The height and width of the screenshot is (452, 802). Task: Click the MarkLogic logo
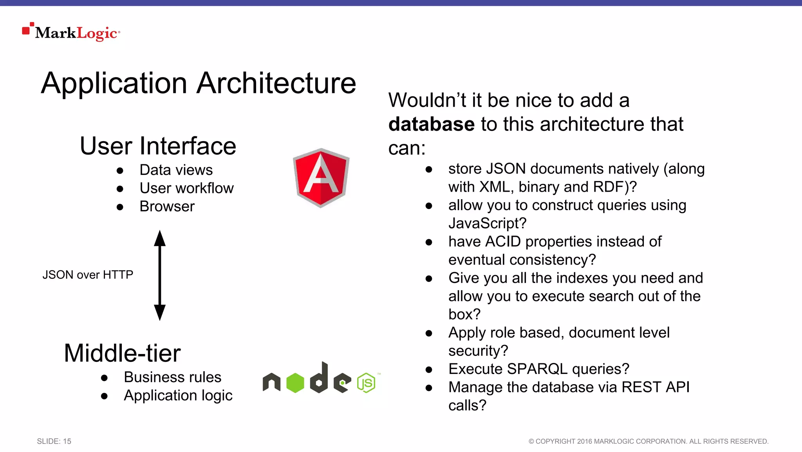click(71, 32)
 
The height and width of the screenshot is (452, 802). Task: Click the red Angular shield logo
click(321, 178)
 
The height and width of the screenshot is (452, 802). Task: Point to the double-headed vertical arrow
click(160, 275)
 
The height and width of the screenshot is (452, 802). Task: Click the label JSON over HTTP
click(88, 275)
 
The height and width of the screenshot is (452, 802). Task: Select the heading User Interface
click(158, 146)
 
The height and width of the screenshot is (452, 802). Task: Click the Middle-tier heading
click(122, 353)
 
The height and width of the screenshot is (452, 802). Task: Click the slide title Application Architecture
click(199, 83)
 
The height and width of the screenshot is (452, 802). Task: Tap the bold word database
click(432, 124)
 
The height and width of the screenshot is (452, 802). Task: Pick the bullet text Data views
click(176, 170)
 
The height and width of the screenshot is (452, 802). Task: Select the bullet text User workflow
click(186, 188)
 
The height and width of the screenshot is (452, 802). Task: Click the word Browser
click(167, 207)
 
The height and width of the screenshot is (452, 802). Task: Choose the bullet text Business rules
click(172, 377)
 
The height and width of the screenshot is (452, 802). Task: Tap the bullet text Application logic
click(178, 396)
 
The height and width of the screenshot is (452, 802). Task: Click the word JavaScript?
click(488, 223)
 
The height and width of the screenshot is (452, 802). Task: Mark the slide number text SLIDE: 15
click(54, 441)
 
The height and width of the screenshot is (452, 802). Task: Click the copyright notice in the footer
click(648, 441)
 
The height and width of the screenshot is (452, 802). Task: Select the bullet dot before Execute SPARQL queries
click(429, 370)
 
